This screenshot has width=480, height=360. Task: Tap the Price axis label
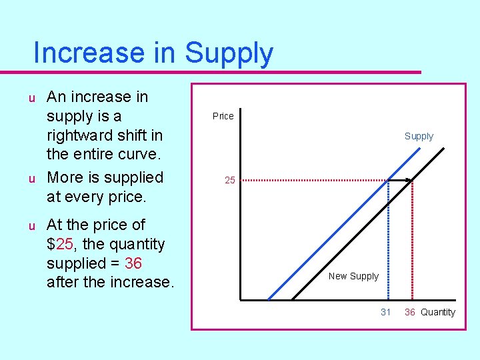click(x=223, y=116)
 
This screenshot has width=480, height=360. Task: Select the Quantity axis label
click(x=438, y=312)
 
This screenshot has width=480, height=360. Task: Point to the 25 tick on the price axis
click(x=229, y=180)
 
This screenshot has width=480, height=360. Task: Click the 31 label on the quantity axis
click(x=385, y=312)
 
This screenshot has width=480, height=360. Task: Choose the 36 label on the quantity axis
click(x=410, y=312)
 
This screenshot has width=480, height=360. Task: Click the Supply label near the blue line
click(x=419, y=136)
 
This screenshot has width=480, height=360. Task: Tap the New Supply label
click(x=353, y=276)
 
